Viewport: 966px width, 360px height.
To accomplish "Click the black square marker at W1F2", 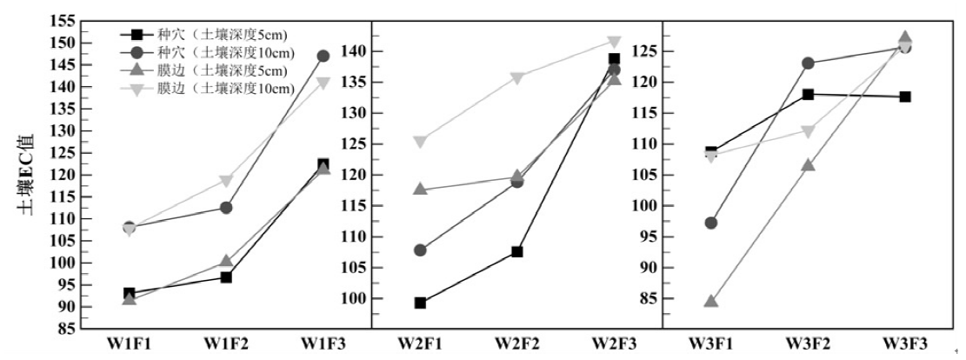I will point(225,277).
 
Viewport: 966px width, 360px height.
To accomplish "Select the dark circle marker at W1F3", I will point(323,56).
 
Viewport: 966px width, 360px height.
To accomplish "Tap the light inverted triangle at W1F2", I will point(225,181).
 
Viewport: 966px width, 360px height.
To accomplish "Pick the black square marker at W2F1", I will point(420,303).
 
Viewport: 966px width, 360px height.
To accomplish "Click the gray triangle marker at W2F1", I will point(420,189).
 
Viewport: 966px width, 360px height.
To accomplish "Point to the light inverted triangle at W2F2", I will point(517,77).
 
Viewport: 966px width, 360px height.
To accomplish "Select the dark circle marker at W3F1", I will point(711,223).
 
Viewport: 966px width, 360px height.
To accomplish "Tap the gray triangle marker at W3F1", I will point(711,302).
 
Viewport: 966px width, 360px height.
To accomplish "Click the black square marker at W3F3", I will point(905,97).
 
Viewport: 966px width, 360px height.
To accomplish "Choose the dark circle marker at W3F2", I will point(808,63).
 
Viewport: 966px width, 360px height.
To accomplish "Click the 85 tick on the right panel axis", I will point(648,298).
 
